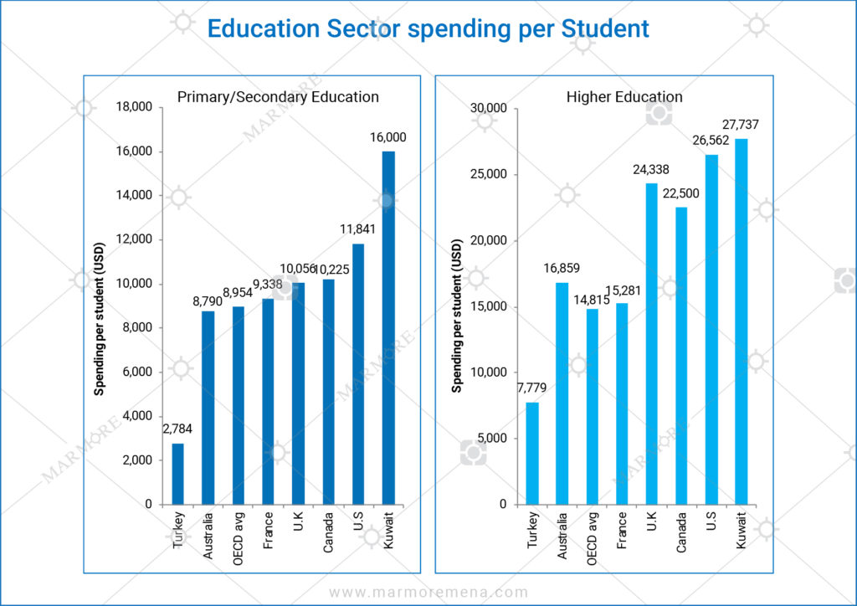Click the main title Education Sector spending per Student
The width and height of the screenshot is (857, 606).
(428, 28)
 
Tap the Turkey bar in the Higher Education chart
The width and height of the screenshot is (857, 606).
(532, 453)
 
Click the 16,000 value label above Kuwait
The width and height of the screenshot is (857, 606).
(387, 137)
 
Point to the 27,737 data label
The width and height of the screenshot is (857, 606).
(742, 125)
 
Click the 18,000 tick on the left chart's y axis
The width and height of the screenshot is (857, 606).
(135, 107)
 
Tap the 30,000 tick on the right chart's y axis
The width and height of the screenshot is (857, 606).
(490, 108)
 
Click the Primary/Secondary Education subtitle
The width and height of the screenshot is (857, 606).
(278, 97)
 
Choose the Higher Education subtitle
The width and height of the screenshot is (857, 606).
(624, 97)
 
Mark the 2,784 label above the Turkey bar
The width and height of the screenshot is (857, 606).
(177, 429)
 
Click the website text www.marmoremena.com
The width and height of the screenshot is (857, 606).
(428, 593)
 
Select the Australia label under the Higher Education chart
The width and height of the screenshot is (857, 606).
(562, 534)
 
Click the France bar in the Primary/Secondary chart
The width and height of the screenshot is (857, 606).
(268, 402)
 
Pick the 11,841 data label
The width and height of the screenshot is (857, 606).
(358, 229)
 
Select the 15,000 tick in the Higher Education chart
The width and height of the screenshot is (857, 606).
(490, 306)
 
